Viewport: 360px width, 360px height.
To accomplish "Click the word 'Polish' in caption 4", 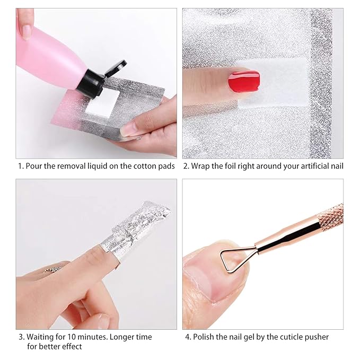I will coord(205,337).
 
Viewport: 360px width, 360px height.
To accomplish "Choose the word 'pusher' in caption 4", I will coord(317,337).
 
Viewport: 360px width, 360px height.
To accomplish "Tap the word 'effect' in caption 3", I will coord(72,346).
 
